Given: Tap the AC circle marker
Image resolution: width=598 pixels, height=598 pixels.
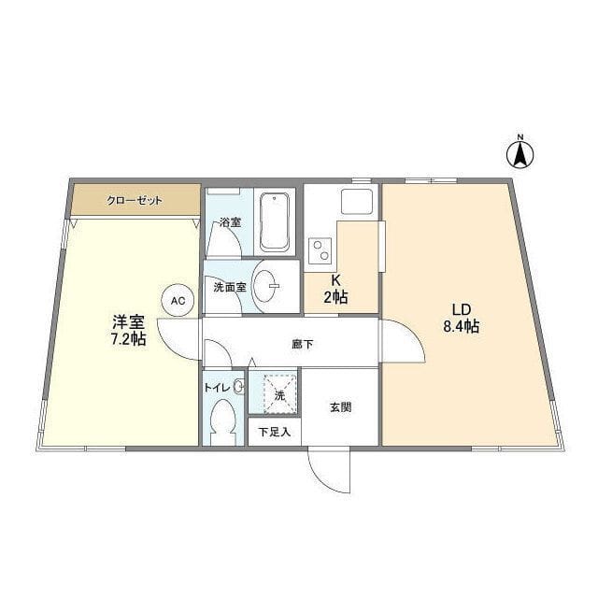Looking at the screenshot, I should point(177,301).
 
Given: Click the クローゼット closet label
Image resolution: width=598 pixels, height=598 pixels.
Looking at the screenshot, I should point(134,200).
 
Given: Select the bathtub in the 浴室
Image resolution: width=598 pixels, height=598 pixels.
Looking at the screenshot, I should point(275,221).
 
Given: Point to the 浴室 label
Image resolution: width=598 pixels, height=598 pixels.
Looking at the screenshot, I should point(229,223).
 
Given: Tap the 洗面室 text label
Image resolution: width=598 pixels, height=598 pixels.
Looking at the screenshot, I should point(229,287).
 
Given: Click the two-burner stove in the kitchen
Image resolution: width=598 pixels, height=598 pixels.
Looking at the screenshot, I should point(321,250).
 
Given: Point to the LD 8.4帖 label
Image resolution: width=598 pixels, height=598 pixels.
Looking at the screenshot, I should point(461,318).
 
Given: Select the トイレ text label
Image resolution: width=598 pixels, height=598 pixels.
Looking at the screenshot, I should point(218,386).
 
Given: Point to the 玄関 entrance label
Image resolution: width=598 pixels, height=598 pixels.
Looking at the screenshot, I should point(340,407).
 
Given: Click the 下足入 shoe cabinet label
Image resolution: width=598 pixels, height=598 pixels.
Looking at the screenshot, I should point(275,432).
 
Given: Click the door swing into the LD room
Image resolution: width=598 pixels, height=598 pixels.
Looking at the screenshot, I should point(404,341).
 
